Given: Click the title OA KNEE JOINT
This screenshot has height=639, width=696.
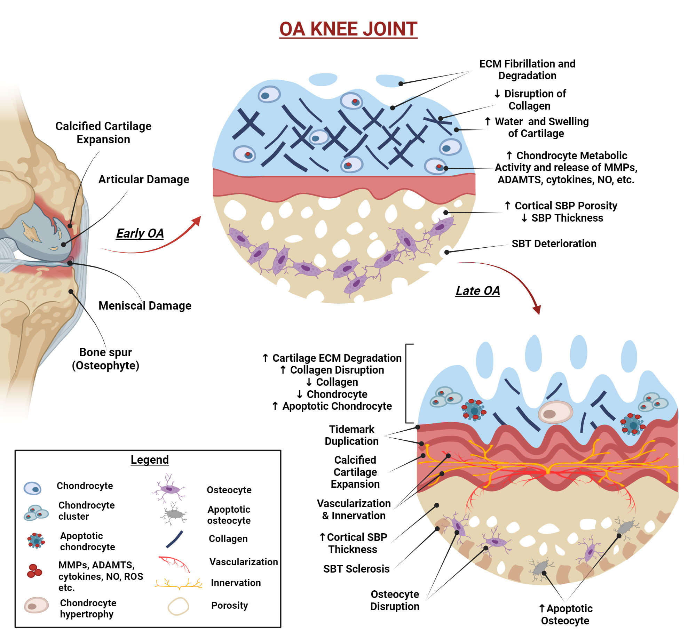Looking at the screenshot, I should pos(348,29).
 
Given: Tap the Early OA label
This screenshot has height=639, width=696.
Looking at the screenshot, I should pos(140,233).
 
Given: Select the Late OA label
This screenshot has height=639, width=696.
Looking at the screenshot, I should pos(477,290).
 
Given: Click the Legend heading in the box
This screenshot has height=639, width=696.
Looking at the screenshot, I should pos(150,460).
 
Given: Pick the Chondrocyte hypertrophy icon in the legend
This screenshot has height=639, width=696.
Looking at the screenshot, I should pos(36,605).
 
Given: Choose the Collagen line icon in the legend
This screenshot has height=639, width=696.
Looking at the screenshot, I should pos(175,539).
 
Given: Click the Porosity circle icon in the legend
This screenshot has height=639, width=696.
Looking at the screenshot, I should pos(178,606).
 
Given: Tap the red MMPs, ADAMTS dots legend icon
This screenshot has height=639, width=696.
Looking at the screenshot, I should pos(34,571).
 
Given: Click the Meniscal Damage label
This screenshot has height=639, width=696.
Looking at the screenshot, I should pos(145,305).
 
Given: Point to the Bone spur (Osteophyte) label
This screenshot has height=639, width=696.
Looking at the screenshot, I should pos(105,359).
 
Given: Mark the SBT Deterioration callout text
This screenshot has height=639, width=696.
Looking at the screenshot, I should pos(554,243).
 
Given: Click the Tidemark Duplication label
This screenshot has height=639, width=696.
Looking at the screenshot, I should pos(351,435).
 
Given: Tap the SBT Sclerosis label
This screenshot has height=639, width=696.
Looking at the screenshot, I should pos(356,569).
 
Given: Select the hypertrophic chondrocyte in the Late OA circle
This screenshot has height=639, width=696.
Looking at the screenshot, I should pos(555,412).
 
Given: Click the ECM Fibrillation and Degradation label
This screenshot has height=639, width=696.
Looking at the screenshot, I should pos(527,70).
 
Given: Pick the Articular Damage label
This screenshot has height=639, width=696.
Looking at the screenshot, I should pos(144,179).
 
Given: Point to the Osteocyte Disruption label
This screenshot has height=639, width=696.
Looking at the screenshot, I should pos(395,600).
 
